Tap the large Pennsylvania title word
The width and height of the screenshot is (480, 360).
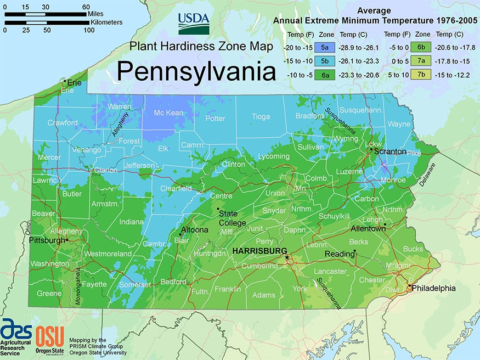click(x=196, y=71)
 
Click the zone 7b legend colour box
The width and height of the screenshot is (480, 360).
click(x=422, y=74)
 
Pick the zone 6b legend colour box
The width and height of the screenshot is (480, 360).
click(x=422, y=48)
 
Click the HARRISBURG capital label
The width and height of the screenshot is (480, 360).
click(x=260, y=251)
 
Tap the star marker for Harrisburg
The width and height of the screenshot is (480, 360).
click(x=286, y=257)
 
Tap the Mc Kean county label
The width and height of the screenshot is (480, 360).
click(x=168, y=113)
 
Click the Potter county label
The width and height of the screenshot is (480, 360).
click(x=215, y=118)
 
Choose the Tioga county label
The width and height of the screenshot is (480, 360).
click(x=261, y=116)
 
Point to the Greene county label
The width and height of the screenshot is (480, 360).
click(x=49, y=294)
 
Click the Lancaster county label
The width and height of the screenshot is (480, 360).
click(x=330, y=272)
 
